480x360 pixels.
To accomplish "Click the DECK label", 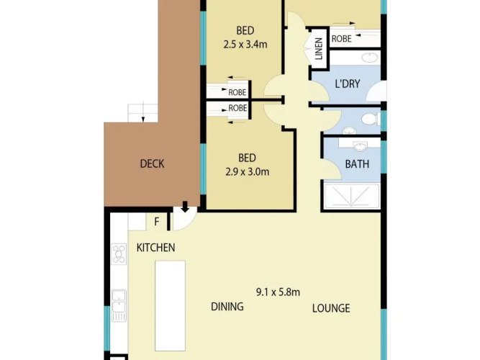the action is tap(152, 163).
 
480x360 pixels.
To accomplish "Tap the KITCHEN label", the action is tap(156, 248).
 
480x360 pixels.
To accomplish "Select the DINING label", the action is tap(227, 307).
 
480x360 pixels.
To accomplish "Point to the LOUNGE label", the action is tap(331, 308).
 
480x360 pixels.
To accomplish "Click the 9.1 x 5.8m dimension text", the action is tap(278, 292).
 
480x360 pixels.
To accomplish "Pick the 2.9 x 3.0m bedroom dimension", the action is tap(248, 171).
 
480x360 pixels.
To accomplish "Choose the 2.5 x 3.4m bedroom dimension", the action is tap(245, 45).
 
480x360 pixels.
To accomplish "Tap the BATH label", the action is tap(357, 164).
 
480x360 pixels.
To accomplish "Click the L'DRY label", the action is tap(348, 84).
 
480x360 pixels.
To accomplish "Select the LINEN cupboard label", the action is tap(319, 48).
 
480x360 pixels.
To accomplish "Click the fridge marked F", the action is tap(157, 221).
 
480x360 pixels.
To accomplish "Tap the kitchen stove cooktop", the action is tap(119, 254).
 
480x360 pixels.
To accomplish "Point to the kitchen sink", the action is tap(119, 305).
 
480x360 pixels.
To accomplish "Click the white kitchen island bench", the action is tap(171, 306).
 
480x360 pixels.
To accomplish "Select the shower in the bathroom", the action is tap(351, 196).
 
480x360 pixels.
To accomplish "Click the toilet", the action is tap(371, 119).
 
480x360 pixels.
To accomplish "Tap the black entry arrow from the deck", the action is tap(185, 207).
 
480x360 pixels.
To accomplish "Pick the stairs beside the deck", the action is tap(142, 113).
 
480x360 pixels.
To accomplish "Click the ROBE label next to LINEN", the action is tap(341, 39).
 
